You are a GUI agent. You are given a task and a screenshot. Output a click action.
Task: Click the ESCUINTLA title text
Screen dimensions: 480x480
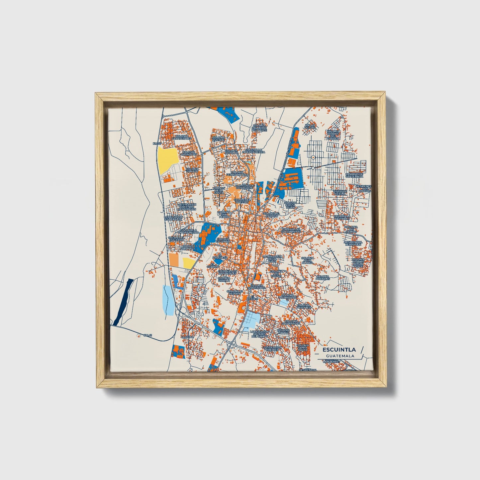click(x=336, y=349)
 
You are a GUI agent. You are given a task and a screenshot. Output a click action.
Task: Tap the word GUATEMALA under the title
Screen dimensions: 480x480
click(x=340, y=356)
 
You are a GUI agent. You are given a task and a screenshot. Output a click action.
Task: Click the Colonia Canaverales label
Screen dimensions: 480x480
click(x=182, y=137)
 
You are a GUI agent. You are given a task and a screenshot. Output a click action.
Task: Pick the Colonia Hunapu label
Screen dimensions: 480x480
click(x=192, y=170)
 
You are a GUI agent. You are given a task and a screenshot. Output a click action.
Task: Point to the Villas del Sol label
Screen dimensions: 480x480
click(x=310, y=126)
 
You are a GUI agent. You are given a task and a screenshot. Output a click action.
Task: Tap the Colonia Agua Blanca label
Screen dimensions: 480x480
click(x=307, y=260)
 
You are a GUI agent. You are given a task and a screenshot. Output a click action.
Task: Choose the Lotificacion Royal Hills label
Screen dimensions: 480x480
click(x=272, y=259)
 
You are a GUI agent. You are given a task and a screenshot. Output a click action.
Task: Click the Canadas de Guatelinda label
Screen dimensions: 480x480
click(x=354, y=175)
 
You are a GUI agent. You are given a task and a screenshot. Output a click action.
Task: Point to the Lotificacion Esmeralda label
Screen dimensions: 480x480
click(x=173, y=218)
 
